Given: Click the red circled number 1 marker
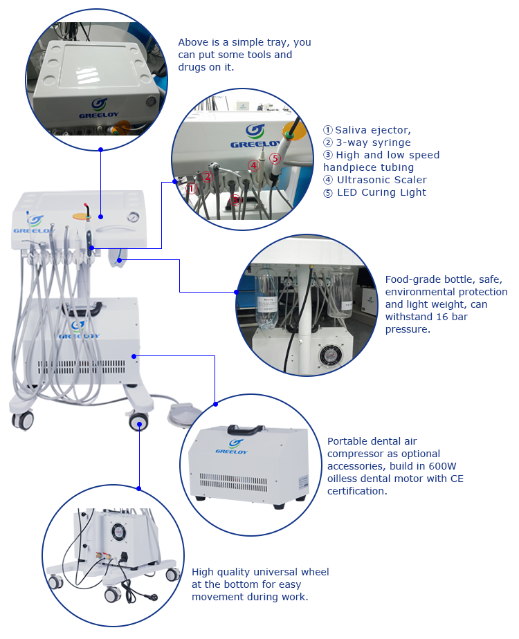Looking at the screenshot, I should (x=192, y=187).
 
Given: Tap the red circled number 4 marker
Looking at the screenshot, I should (x=254, y=165).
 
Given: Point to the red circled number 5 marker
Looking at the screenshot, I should (x=274, y=158).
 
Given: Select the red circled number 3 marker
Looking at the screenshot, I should (x=235, y=201).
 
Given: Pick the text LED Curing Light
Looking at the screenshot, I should (x=381, y=192).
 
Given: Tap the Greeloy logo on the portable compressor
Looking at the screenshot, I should (x=235, y=446).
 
